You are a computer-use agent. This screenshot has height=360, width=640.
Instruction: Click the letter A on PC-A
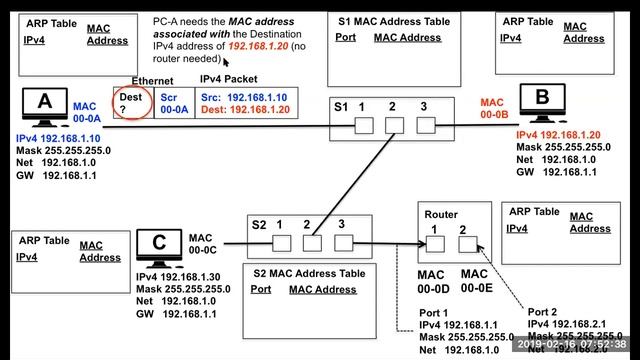pos(44,104)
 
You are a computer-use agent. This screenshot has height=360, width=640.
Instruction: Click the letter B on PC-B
pos(542,97)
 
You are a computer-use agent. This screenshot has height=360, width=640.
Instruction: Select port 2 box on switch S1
pos(394,126)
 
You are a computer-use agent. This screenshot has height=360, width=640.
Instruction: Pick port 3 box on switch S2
pos(344,242)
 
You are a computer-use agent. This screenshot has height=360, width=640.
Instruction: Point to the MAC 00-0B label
pos(493,108)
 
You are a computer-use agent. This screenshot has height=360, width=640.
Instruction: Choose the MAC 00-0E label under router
pos(475,281)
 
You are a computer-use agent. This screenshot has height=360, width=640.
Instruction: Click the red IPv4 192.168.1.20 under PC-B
pos(559,135)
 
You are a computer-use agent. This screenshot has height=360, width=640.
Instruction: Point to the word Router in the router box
pos(441,214)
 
